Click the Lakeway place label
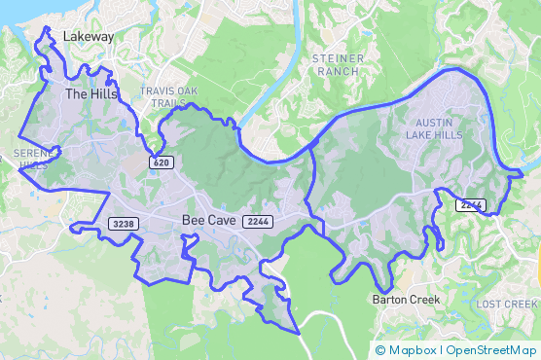89,36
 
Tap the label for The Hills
90,94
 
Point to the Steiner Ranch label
338,65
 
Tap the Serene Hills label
32,160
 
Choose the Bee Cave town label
208,221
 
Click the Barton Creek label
406,300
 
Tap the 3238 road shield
124,224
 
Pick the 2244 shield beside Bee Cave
258,222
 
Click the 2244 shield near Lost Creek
470,204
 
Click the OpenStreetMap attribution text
489,349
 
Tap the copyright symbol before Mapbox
380,349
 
